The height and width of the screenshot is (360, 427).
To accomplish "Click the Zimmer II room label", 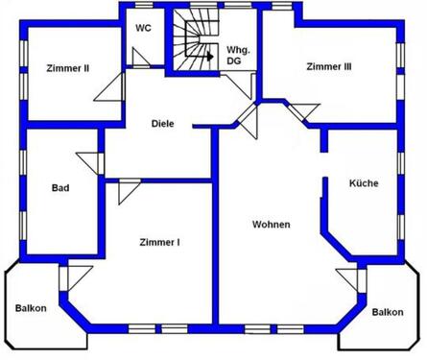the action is pyautogui.click(x=67, y=68).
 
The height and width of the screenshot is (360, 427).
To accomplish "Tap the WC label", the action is pyautogui.click(x=143, y=28).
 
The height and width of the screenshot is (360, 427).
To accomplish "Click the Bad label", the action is pyautogui.click(x=59, y=188).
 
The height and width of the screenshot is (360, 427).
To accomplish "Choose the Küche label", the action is pyautogui.click(x=363, y=183).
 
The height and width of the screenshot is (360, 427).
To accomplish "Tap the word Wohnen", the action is pyautogui.click(x=271, y=225).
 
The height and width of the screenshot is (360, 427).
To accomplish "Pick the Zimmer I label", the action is pyautogui.click(x=159, y=242).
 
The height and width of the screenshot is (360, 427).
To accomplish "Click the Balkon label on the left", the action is pyautogui.click(x=31, y=308).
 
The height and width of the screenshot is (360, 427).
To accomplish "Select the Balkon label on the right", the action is pyautogui.click(x=387, y=312).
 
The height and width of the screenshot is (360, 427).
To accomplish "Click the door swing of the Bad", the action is pyautogui.click(x=91, y=163).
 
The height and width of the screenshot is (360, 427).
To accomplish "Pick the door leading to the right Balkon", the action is pyautogui.click(x=350, y=280).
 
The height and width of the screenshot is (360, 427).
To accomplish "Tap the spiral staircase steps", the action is pyautogui.click(x=193, y=38).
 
